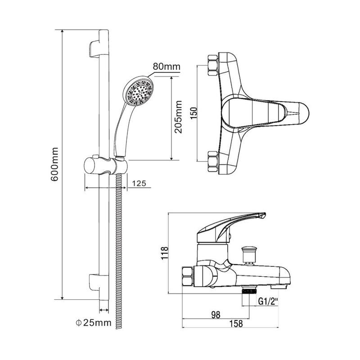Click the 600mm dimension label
pos(54,164)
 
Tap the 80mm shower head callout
pos(166,66)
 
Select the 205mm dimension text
pos(178,117)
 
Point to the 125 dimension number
pos(139,183)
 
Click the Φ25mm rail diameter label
pos(94,323)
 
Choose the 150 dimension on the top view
pos(194,113)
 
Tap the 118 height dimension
pos(165,253)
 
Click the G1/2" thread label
pos(268,301)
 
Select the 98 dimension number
pos(216,315)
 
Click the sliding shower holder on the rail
pos(106,166)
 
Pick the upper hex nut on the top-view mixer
pos(213,65)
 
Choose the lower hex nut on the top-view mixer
pos(213,162)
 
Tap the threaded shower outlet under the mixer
pos(249,291)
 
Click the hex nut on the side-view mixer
pos(188,277)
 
